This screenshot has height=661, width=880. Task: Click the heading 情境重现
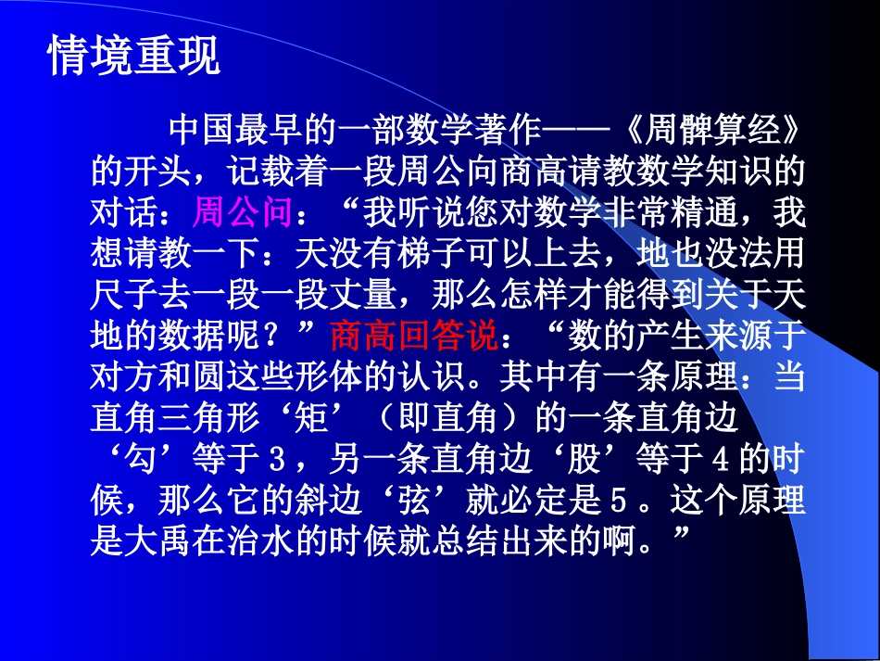[133, 57]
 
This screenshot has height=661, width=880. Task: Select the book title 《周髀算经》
[701, 131]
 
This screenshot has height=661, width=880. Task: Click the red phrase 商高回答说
[413, 334]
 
